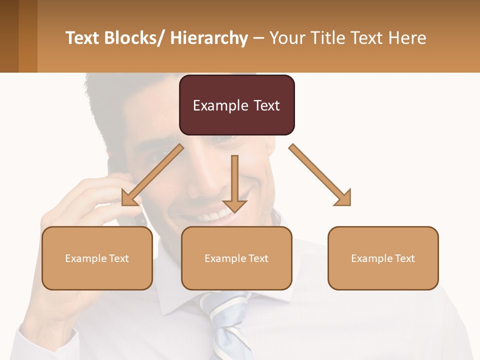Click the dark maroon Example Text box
(236, 105)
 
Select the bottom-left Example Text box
(97, 258)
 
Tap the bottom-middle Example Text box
(236, 258)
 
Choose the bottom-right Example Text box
(383, 258)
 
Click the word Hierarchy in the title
(209, 38)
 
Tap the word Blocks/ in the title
(136, 38)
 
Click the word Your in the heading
(285, 38)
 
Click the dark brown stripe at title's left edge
(9, 36)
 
